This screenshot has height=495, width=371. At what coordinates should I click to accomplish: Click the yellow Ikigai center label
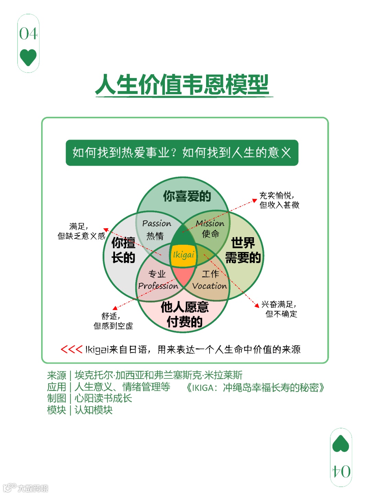click(x=183, y=255)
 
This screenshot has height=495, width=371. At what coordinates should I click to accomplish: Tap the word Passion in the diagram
click(x=157, y=223)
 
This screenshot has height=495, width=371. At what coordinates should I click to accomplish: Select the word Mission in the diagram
click(x=210, y=223)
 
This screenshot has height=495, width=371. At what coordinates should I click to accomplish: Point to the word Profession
click(x=158, y=286)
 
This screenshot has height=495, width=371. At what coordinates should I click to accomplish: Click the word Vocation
click(x=210, y=286)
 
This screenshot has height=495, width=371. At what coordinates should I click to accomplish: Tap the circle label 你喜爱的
click(x=187, y=196)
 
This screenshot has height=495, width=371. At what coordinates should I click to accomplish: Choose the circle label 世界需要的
click(x=243, y=250)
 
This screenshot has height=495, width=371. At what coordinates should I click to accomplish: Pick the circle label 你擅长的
click(x=123, y=250)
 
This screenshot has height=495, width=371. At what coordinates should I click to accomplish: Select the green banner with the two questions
click(x=182, y=153)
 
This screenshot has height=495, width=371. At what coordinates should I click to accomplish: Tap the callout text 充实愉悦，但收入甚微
click(x=279, y=200)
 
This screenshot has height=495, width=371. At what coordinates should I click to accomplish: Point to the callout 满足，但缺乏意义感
click(x=81, y=231)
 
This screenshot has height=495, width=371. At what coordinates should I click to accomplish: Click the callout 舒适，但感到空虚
click(x=113, y=321)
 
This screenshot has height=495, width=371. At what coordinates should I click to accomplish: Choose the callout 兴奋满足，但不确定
click(x=280, y=309)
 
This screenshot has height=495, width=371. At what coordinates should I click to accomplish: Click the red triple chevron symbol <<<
click(x=71, y=350)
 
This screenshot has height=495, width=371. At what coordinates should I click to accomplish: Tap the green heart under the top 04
click(x=28, y=57)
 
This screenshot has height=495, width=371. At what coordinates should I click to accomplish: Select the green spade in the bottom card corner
click(x=341, y=444)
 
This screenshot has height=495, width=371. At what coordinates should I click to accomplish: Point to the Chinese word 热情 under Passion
click(x=155, y=236)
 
